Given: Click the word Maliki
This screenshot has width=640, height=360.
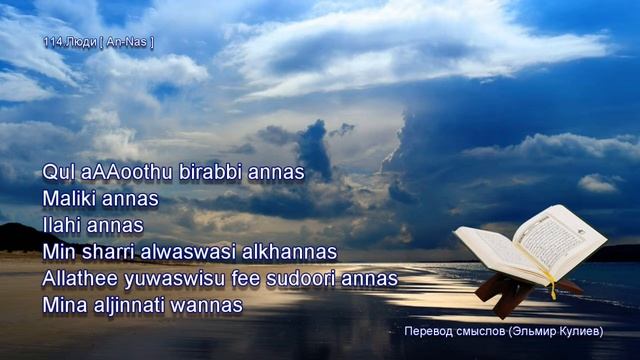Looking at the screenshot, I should point(71,199).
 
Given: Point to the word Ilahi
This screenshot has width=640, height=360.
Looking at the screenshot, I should point(64,225).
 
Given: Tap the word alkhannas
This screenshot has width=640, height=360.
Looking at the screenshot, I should point(292,252).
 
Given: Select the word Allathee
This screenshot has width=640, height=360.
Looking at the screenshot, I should point(83,278).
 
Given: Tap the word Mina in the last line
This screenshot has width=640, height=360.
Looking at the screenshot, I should point(64,305).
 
